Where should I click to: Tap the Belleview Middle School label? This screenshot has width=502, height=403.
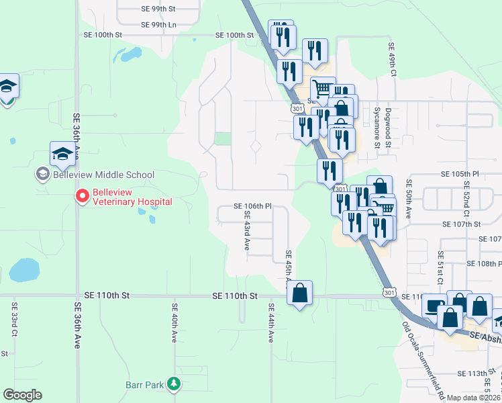click(x=95, y=175)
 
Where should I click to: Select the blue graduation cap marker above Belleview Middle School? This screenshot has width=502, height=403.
click(x=62, y=154)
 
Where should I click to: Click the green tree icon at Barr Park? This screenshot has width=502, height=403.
click(x=174, y=384)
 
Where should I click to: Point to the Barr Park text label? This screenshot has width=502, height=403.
click(x=144, y=385)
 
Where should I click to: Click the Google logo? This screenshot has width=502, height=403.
click(x=22, y=395)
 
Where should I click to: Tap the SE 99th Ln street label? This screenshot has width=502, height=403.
click(x=158, y=25)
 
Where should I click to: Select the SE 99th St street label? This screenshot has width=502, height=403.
click(x=158, y=9)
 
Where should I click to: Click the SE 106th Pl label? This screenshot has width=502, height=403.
click(x=252, y=206)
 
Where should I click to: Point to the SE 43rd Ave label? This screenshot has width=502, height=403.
click(x=246, y=232)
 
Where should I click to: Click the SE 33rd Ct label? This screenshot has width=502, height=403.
click(x=14, y=319)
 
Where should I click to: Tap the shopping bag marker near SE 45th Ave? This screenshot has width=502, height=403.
click(x=300, y=293)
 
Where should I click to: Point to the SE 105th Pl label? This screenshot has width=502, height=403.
click(x=459, y=174)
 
